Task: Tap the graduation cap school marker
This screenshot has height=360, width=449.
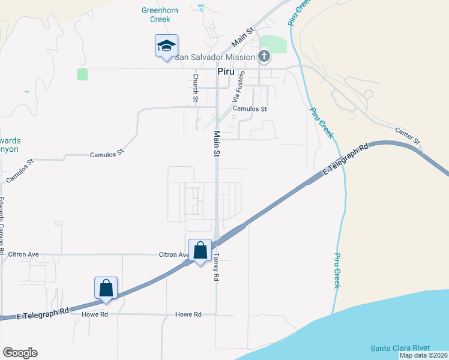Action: click(166, 45)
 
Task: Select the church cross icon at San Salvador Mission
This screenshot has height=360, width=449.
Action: click(264, 57)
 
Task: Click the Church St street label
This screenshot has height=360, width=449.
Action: click(196, 88)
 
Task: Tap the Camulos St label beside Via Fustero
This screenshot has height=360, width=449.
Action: click(250, 109)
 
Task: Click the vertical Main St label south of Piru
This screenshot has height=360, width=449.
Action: click(215, 145)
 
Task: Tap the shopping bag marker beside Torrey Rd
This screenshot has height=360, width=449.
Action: click(200, 250)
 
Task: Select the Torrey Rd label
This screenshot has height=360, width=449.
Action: click(216, 266)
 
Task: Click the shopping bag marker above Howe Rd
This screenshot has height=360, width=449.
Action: click(106, 287)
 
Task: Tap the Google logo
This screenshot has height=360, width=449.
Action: click(20, 353)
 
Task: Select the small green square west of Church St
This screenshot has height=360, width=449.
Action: click(82, 74)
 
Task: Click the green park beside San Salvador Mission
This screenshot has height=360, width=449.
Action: click(273, 44)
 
